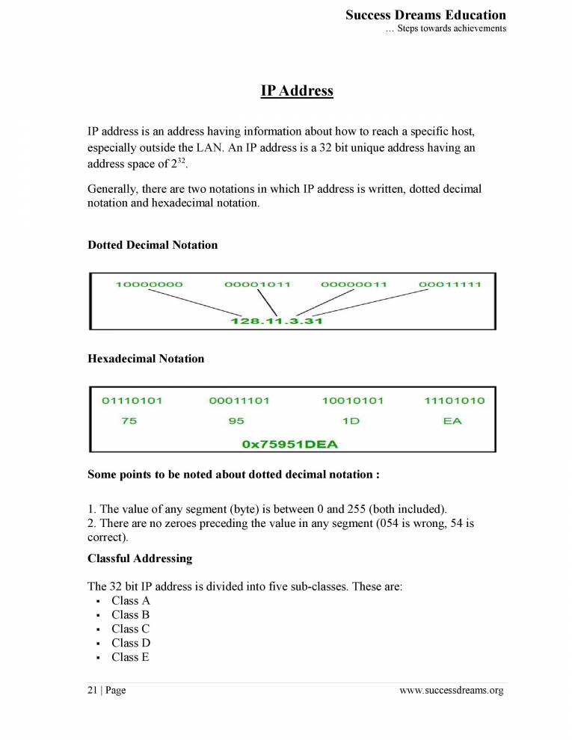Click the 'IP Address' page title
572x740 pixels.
click(x=297, y=91)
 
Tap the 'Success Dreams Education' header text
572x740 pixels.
click(x=425, y=15)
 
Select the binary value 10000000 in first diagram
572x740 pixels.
click(x=150, y=285)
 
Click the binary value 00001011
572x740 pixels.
click(x=257, y=285)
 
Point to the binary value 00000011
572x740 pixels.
click(x=354, y=285)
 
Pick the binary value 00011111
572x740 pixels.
click(x=450, y=285)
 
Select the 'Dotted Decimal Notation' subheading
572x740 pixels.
click(x=153, y=245)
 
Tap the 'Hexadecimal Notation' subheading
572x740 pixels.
click(x=146, y=359)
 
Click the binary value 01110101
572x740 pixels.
click(x=132, y=401)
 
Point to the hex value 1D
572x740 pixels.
click(x=351, y=422)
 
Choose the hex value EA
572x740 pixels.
click(x=452, y=422)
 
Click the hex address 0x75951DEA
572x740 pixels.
click(x=290, y=444)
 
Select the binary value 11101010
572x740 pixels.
click(x=454, y=401)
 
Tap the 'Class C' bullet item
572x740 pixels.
click(x=131, y=629)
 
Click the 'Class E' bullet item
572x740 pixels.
click(x=130, y=657)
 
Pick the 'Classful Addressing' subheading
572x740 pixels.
click(x=140, y=558)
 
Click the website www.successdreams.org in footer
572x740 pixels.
click(x=452, y=691)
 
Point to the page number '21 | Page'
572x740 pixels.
click(x=107, y=691)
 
